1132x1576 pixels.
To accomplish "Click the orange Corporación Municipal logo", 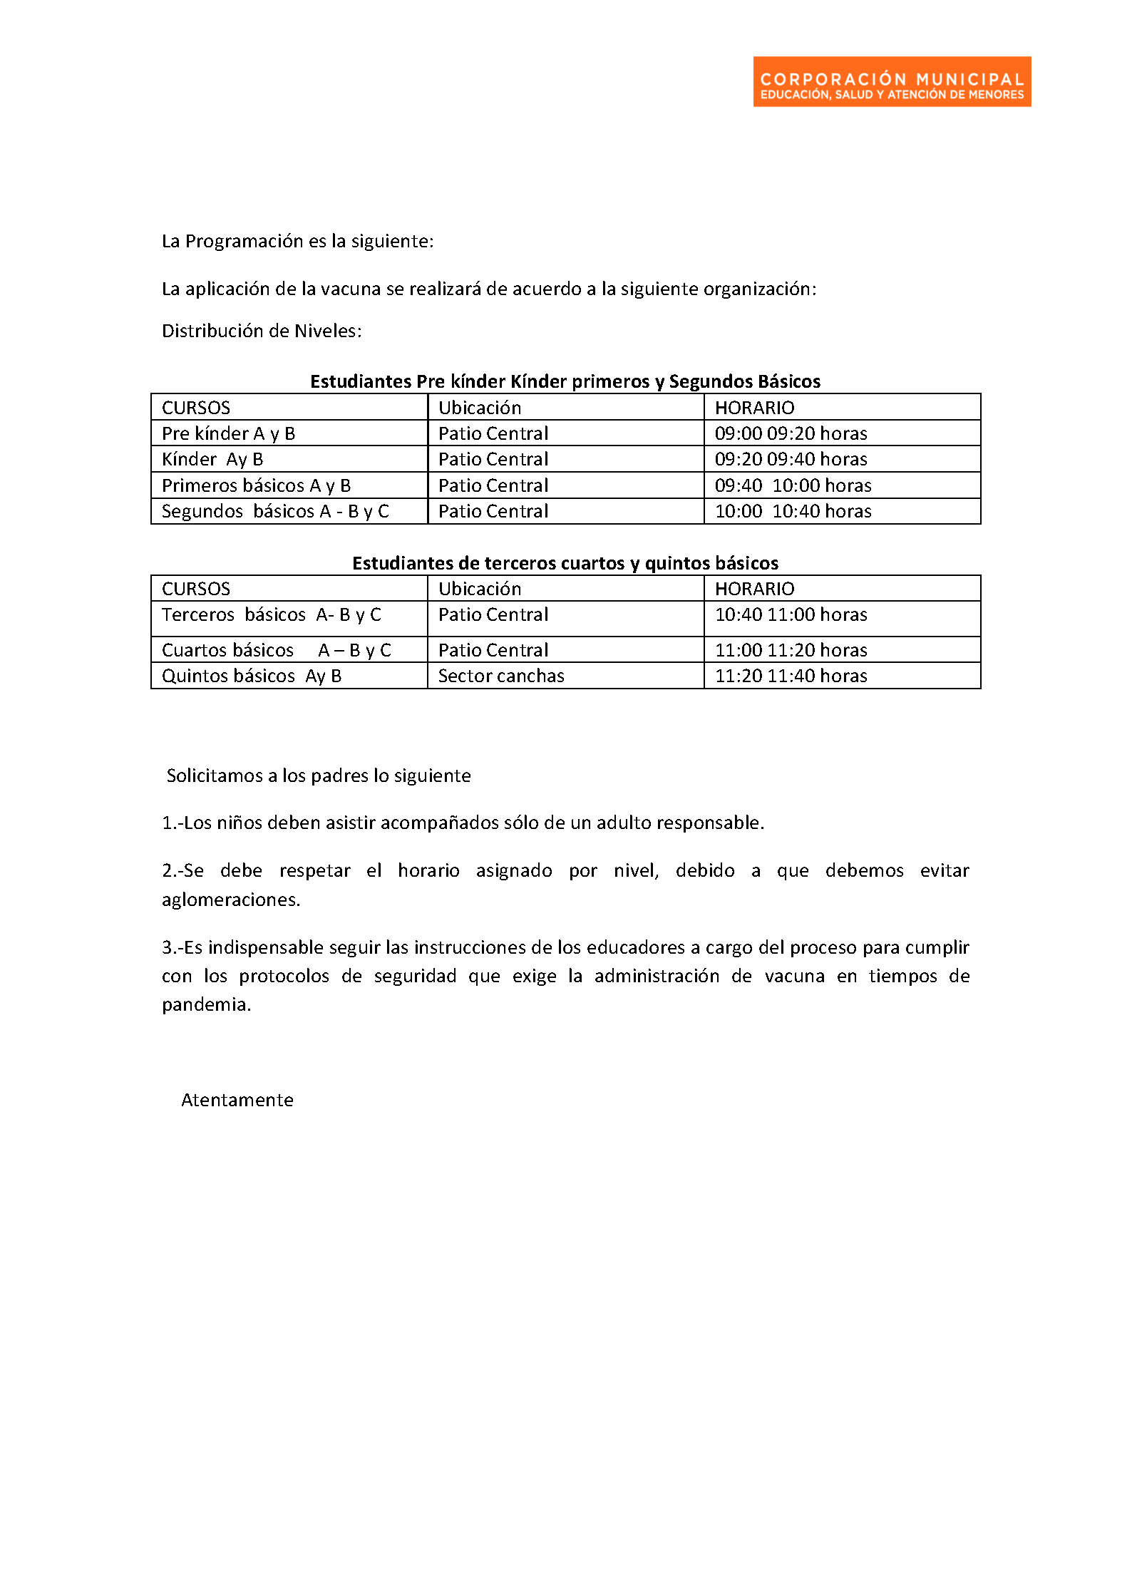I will pos(891,82).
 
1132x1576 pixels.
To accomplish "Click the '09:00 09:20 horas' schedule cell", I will pos(791,433).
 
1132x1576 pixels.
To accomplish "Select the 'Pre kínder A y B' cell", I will pos(228,433).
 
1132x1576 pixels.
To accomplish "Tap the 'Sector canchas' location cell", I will pos(501,676).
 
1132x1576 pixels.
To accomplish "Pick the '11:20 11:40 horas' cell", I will pos(791,676).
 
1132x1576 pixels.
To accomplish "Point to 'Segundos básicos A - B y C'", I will pos(275,511).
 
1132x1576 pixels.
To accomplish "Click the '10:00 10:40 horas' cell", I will pos(793,511).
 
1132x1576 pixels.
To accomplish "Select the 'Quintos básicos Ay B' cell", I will pos(252,676).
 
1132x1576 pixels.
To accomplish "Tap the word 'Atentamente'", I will pos(237,1100).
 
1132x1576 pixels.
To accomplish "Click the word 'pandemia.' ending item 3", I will pos(206,1004).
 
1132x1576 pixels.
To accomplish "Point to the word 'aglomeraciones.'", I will pos(231,900).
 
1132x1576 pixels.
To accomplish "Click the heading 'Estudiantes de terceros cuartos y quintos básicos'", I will pos(565,563).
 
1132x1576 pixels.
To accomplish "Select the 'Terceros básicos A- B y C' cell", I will pos(272,614).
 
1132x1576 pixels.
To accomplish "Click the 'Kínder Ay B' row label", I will pos(212,459).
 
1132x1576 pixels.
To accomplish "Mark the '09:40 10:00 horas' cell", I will pos(793,485).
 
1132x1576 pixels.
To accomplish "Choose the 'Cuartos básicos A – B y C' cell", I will pos(277,650).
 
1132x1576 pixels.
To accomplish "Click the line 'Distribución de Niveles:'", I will pos(262,331).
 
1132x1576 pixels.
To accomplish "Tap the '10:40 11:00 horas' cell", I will pos(791,614).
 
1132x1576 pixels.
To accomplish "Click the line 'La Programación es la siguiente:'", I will pos(297,241).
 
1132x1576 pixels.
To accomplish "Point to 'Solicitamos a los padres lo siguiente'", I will pos(319,776).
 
